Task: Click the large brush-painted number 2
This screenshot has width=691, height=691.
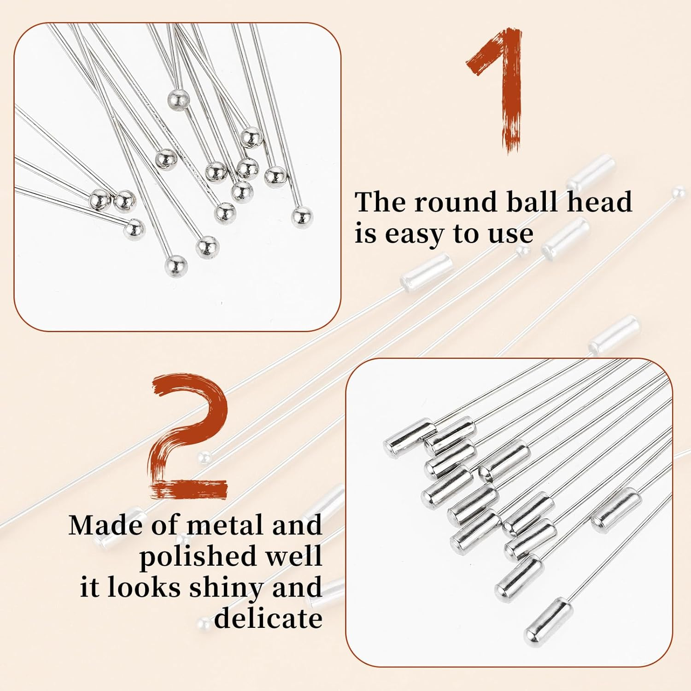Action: pyautogui.click(x=189, y=438)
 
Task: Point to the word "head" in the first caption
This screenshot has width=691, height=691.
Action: pyautogui.click(x=599, y=202)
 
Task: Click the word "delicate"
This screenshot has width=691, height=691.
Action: pyautogui.click(x=268, y=618)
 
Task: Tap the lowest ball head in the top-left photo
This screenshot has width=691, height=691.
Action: pyautogui.click(x=176, y=266)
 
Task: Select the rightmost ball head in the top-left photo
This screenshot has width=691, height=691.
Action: pyautogui.click(x=302, y=217)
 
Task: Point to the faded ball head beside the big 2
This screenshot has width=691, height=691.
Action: pyautogui.click(x=204, y=457)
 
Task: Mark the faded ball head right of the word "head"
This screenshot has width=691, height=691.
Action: pyautogui.click(x=678, y=190)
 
